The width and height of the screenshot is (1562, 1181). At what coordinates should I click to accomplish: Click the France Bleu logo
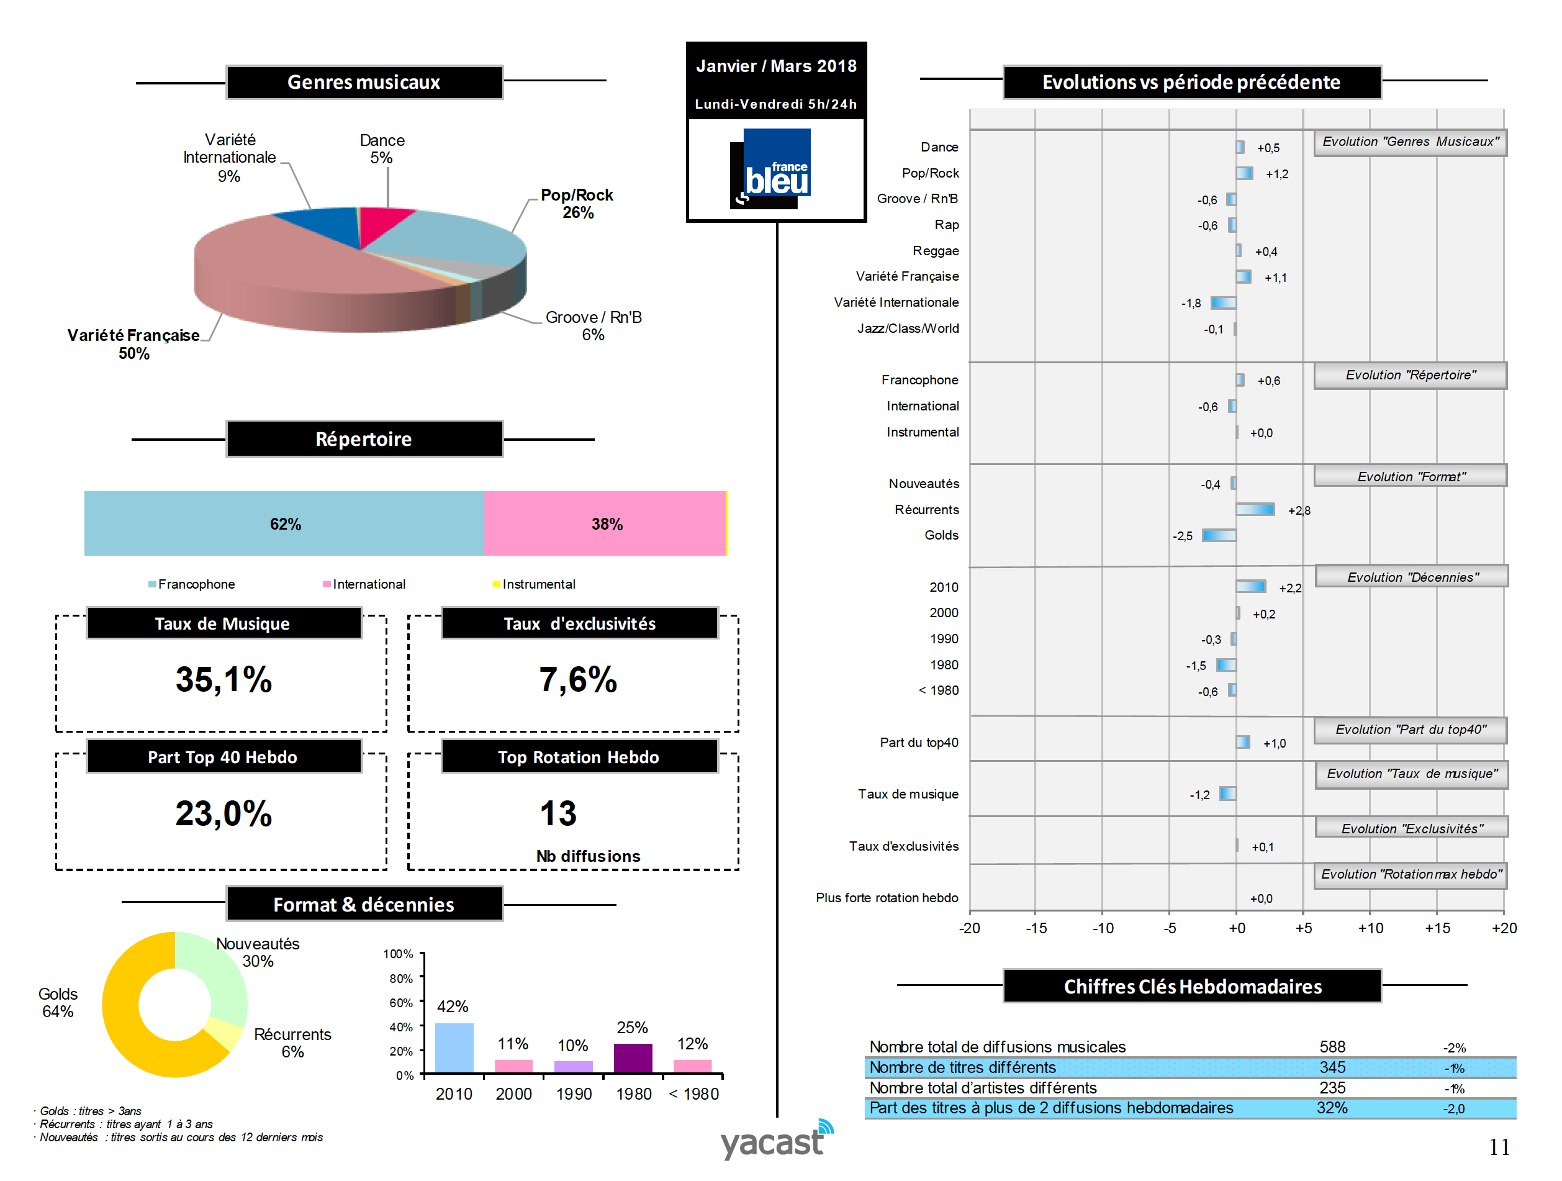pos(774,169)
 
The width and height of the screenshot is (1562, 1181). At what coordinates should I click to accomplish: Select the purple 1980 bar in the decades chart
pos(633,1057)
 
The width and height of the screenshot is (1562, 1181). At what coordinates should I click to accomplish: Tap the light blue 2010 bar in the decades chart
pos(454,1048)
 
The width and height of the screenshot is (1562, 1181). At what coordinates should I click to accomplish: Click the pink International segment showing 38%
pos(605,523)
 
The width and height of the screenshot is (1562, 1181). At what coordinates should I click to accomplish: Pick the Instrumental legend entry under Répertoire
pos(534,584)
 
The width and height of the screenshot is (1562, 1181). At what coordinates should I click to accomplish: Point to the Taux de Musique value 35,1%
pos(223,679)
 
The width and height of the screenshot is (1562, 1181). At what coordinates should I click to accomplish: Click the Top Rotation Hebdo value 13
pos(558,813)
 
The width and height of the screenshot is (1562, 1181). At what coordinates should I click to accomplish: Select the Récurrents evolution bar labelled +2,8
pos(1255,509)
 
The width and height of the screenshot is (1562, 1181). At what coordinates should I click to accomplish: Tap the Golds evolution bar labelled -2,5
pos(1219,535)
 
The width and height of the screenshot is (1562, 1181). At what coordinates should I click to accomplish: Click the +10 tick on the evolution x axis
pos(1370,928)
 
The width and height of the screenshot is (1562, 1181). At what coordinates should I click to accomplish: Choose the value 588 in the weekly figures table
pos(1332,1046)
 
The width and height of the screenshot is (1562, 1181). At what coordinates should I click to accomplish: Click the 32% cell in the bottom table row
pos(1331,1108)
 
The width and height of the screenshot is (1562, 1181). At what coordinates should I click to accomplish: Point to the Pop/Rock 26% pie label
pos(577,204)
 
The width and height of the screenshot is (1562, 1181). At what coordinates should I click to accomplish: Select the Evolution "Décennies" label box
pos(1411,577)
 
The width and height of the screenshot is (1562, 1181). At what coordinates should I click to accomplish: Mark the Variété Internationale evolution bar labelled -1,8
pos(1223,303)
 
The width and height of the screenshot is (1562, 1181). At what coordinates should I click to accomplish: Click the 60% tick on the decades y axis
pos(401,1002)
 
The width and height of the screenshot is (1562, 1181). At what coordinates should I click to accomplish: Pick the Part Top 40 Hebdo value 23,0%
pos(223,813)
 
